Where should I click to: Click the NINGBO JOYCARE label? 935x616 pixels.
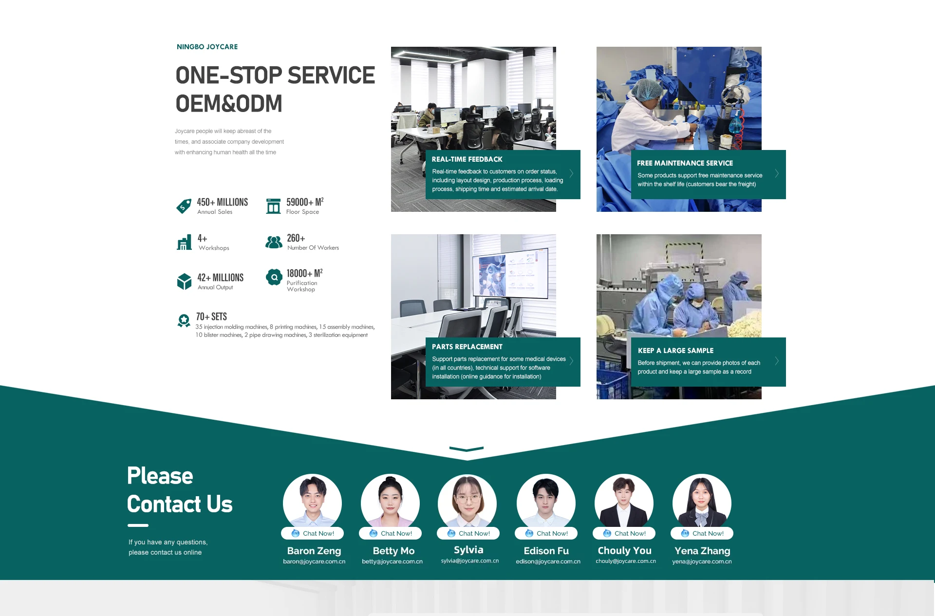click(x=207, y=47)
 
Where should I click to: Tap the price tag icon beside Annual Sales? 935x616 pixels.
click(x=184, y=206)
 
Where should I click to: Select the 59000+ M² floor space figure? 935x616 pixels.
click(x=305, y=202)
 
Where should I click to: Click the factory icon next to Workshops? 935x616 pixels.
click(x=184, y=242)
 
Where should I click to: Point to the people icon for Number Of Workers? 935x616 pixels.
click(x=274, y=242)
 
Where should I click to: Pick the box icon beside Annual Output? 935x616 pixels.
click(x=184, y=281)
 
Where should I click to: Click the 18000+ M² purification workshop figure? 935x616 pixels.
click(x=304, y=273)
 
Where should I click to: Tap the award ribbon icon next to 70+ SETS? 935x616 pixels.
click(x=184, y=320)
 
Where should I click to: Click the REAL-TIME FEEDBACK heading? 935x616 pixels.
click(x=467, y=159)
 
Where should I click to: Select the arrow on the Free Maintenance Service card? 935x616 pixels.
click(x=777, y=174)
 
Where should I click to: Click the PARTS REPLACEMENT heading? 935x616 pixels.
click(x=467, y=347)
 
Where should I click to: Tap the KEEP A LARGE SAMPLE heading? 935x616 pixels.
click(x=675, y=351)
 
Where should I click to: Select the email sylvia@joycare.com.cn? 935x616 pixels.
click(x=470, y=561)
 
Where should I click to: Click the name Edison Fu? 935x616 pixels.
click(x=546, y=551)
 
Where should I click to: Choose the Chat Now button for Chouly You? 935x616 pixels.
click(x=624, y=533)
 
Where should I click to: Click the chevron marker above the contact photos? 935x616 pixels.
click(x=467, y=449)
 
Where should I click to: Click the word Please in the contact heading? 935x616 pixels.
click(x=160, y=476)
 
